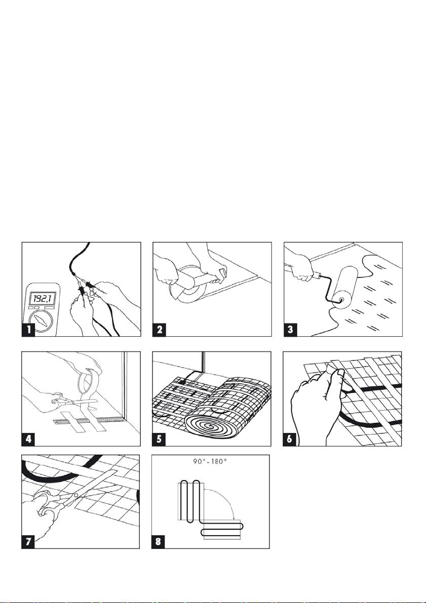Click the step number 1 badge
pos(28,330)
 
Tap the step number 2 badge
pos(160,330)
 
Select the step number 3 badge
pos(291,330)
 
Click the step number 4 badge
pos(28,439)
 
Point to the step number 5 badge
pos(160,439)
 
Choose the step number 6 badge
pos(290,439)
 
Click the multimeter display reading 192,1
pos(43,298)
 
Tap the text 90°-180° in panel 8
pos(210,461)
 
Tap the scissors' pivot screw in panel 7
pos(76,495)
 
